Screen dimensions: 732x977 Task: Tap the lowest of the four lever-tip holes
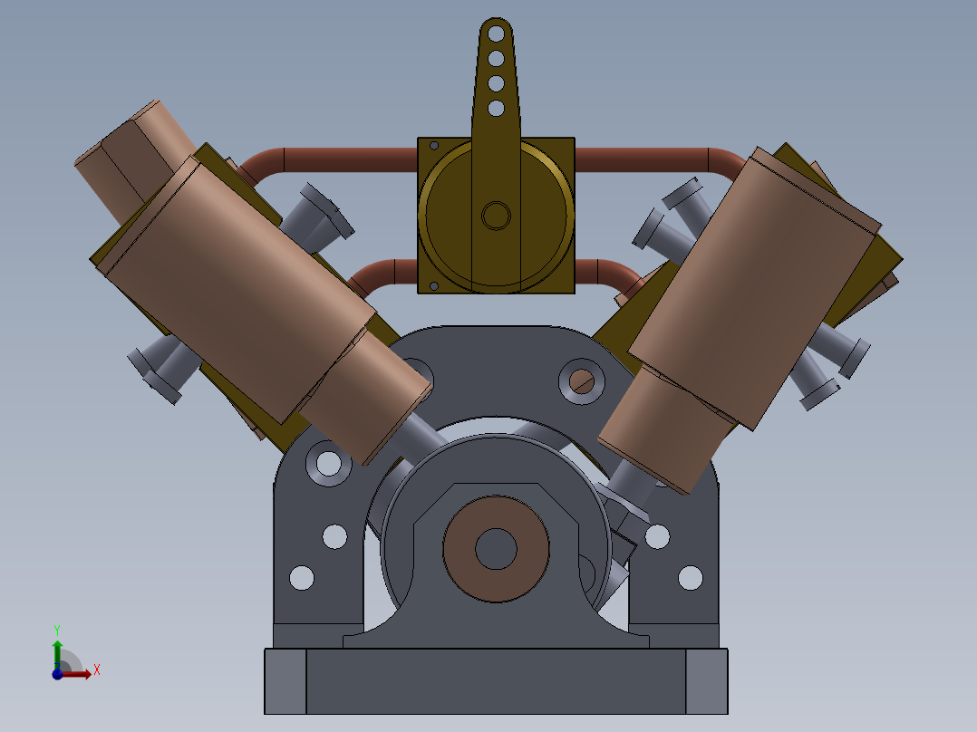[x=496, y=109]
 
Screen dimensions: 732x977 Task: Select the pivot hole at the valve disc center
[x=496, y=216]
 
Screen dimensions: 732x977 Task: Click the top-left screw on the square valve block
[x=434, y=146]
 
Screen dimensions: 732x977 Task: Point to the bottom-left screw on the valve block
[x=434, y=286]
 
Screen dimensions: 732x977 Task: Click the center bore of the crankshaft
[x=496, y=548]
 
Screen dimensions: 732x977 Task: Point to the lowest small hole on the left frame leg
[x=301, y=577]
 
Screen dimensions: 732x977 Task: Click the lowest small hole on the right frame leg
[x=690, y=577]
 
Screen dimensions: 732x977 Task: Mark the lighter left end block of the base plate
[x=285, y=681]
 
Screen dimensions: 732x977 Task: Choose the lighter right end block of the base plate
[x=707, y=681]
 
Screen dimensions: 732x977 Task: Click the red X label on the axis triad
[x=96, y=670]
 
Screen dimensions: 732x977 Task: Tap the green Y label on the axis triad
[x=56, y=628]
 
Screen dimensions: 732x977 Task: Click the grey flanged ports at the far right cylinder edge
[x=838, y=362]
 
